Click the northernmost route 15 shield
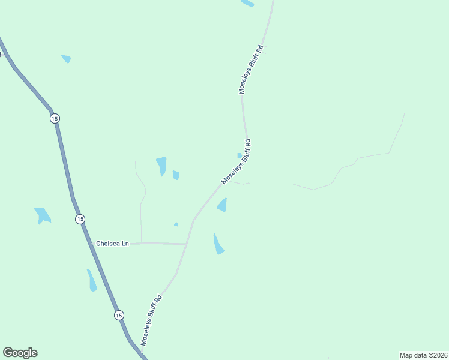pyautogui.click(x=55, y=119)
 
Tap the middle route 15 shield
pyautogui.click(x=80, y=219)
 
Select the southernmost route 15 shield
pyautogui.click(x=119, y=315)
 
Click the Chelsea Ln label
pyautogui.click(x=113, y=244)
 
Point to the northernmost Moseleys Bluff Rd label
pyautogui.click(x=252, y=69)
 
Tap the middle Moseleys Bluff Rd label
pyautogui.click(x=236, y=162)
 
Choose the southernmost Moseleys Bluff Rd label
pyautogui.click(x=151, y=319)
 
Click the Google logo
pyautogui.click(x=20, y=353)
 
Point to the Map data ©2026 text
pyautogui.click(x=424, y=355)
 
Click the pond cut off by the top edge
pyautogui.click(x=247, y=3)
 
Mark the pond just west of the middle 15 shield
pyautogui.click(x=43, y=215)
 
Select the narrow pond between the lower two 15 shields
pyautogui.click(x=92, y=281)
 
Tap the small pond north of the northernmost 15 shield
pyautogui.click(x=66, y=58)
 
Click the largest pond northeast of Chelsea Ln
pyautogui.click(x=161, y=166)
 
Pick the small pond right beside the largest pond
pyautogui.click(x=176, y=175)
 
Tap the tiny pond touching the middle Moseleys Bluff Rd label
pyautogui.click(x=240, y=156)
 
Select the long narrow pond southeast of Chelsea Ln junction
pyautogui.click(x=218, y=244)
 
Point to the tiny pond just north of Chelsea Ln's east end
pyautogui.click(x=176, y=224)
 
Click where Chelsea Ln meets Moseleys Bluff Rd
pyautogui.click(x=186, y=244)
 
